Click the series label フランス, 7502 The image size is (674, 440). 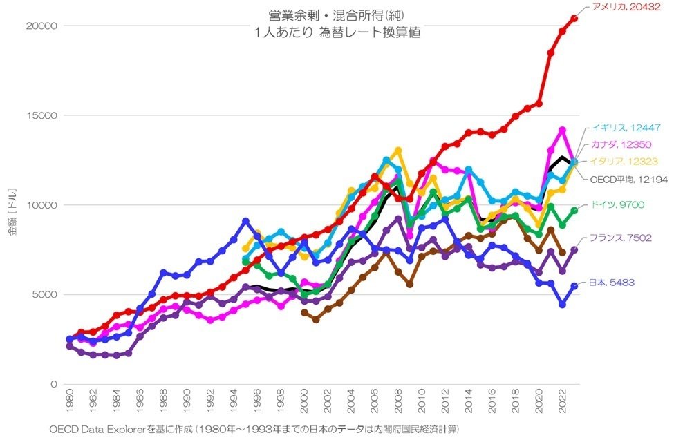click(620, 238)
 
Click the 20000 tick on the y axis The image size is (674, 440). click(41, 26)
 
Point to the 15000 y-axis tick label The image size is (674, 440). click(41, 115)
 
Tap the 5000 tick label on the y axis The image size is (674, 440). click(44, 294)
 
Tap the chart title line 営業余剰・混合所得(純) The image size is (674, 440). click(319, 15)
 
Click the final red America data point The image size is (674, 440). click(574, 18)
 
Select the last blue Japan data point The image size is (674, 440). click(574, 286)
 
